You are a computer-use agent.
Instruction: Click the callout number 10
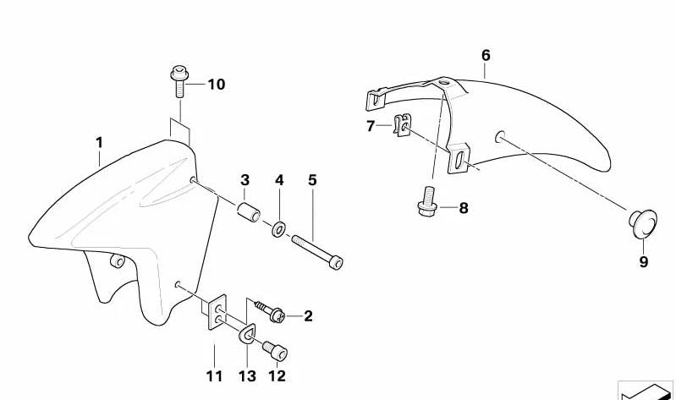pos(217,85)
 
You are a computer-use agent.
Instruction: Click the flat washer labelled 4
pos(278,228)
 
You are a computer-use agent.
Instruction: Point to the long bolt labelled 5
pos(317,251)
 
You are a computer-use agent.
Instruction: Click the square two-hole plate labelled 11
pos(217,312)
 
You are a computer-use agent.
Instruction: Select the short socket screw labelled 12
pos(275,351)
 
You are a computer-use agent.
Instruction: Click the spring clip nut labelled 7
pos(402,124)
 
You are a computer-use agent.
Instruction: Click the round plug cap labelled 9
pos(643,223)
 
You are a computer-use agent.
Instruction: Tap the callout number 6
pos(486,55)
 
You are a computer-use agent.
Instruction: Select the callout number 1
pos(100,143)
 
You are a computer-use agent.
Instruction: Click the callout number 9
pos(643,261)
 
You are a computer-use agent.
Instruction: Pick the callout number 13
pos(247,376)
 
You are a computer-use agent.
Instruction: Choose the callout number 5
pos(312,180)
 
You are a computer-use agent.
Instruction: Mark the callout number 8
pos(464,208)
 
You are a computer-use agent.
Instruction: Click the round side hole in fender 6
pos(499,137)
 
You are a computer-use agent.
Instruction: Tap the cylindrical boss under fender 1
pos(118,260)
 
